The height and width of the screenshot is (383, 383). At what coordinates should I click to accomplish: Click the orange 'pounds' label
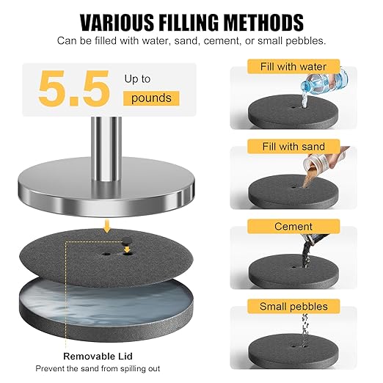(x=151, y=98)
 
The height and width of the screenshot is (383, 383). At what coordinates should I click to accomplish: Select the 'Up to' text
(x=137, y=79)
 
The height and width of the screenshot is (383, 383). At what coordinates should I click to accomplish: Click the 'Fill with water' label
(x=293, y=67)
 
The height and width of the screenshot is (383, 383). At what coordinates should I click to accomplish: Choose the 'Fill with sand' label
(x=293, y=147)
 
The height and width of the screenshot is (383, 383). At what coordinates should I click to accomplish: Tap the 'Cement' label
(x=293, y=227)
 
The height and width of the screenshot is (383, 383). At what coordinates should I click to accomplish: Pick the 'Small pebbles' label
(x=293, y=307)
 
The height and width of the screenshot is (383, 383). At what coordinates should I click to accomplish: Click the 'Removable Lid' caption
(x=98, y=356)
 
